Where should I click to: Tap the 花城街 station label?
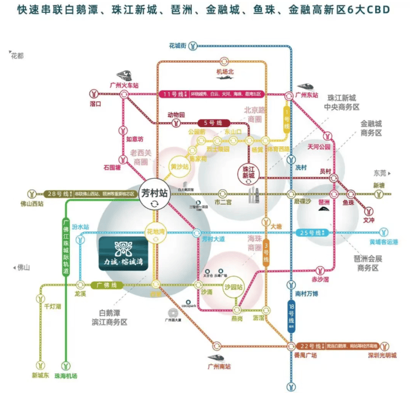pos(177,45)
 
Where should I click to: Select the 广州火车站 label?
pos(123,85)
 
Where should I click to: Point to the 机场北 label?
pos(225,72)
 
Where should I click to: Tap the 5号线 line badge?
pos(208,122)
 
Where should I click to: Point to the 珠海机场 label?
pos(66,375)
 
